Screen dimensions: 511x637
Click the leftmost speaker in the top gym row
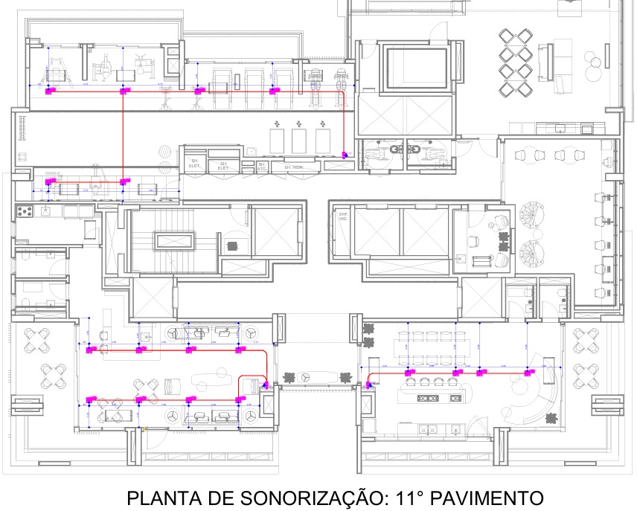[51, 91]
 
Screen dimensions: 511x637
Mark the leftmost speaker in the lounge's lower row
[91, 399]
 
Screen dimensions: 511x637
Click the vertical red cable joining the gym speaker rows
[123, 134]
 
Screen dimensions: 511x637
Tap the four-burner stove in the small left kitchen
[25, 211]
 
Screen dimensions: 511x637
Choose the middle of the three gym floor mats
[299, 140]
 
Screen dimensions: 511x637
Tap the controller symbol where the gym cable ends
[345, 155]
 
